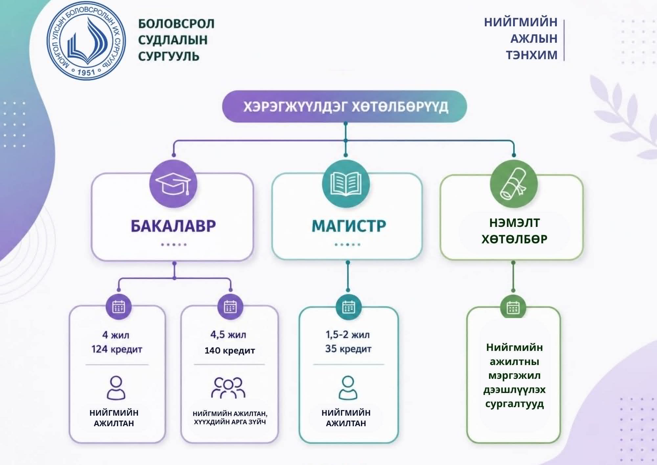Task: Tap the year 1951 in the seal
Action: pos(86,72)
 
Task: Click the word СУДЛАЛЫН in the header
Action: pos(172,40)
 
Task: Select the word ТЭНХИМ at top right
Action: pos(531,55)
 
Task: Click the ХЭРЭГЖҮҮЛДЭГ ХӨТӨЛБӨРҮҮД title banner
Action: pos(345,107)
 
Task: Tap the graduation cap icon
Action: pos(173,184)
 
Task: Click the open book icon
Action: pos(346,184)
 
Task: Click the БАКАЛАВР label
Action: pos(173,226)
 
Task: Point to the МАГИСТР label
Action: pos(349,226)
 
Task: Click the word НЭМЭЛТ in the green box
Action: pos(514,223)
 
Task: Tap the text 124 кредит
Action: pos(117,349)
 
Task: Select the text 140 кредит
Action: pos(230,351)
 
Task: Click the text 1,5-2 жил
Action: pos(348,335)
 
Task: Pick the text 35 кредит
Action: pos(348,349)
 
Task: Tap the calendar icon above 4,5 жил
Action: pos(230,307)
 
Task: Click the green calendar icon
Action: pos(513,308)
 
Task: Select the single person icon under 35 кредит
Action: pos(348,388)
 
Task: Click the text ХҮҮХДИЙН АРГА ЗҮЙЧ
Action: pos(230,422)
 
